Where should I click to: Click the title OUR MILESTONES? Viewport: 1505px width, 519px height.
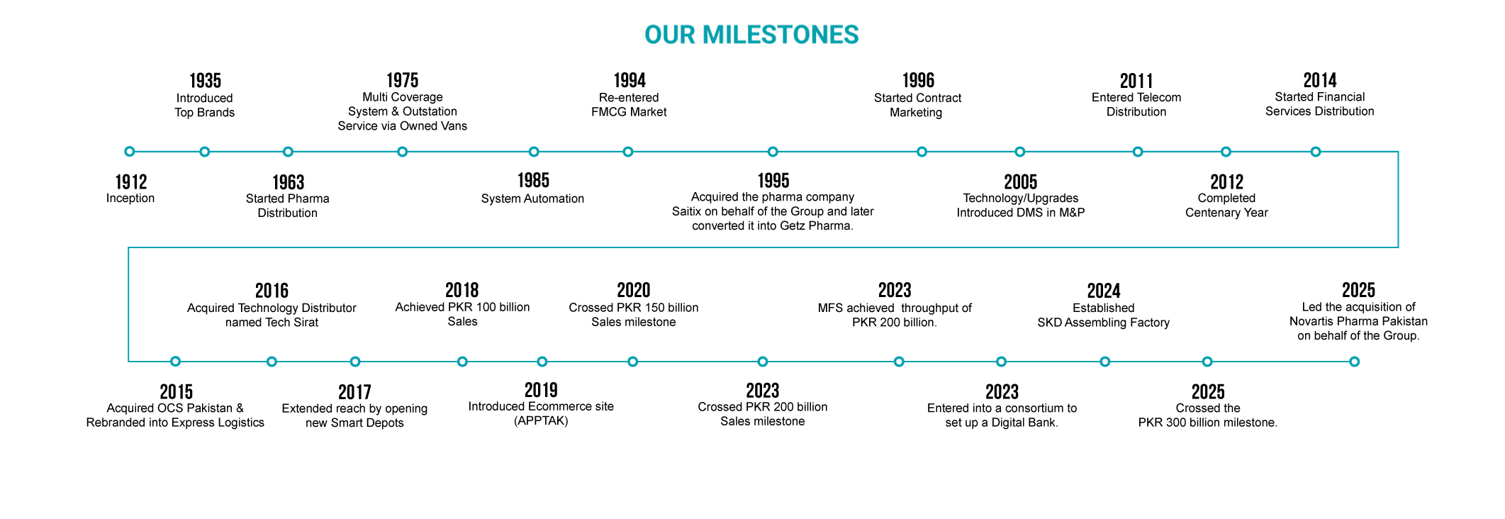(751, 35)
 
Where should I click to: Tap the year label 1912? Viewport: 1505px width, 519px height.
(131, 182)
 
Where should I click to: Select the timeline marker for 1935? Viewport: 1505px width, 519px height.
(204, 152)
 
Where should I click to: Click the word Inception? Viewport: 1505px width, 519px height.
(130, 199)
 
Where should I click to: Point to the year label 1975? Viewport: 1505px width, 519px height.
(402, 80)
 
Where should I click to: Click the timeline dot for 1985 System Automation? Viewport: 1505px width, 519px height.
(534, 152)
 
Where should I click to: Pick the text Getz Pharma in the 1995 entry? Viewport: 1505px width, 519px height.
(815, 226)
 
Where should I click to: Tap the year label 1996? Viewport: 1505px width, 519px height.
(918, 80)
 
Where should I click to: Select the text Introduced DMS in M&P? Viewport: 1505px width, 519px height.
(1020, 213)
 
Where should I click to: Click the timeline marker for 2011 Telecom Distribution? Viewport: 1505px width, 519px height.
(1138, 152)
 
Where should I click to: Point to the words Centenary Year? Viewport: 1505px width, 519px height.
(1226, 213)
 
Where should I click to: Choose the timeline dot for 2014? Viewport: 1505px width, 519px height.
(1316, 152)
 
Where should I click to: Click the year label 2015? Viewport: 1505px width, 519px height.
(176, 392)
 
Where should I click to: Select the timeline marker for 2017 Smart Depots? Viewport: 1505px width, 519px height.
(355, 362)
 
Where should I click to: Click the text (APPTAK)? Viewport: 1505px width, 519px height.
(541, 421)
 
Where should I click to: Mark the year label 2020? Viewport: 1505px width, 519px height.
(633, 290)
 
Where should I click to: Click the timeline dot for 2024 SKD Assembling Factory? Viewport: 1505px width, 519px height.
(1104, 362)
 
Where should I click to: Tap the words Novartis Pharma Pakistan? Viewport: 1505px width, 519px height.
(1358, 321)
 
